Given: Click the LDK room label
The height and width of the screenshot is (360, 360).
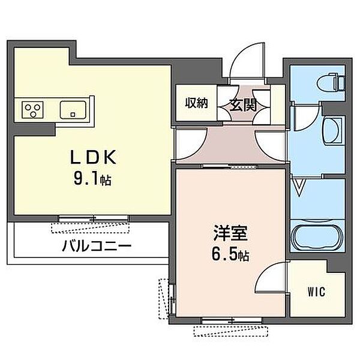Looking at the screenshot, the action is [93, 157].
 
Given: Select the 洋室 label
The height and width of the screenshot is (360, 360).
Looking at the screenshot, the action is [230, 233].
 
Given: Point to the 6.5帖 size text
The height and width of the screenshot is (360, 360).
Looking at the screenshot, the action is [230, 254].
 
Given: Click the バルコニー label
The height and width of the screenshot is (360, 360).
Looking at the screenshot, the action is [97, 246].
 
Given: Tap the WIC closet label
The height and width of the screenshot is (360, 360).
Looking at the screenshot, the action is [316, 292].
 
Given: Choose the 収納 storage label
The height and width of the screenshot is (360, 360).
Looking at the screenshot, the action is [197, 103].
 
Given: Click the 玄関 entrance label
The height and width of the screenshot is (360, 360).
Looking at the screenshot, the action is [244, 104].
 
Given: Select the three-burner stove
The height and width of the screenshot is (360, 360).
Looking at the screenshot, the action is [32, 110].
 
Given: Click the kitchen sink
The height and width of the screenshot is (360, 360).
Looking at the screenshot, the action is [73, 110].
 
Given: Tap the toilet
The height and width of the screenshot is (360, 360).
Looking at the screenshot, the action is [331, 82].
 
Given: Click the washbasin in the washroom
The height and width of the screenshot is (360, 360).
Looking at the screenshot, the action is [331, 131].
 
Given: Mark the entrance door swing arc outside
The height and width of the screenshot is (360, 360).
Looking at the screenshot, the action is [239, 53].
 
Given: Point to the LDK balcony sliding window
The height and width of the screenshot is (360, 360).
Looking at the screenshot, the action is [94, 218].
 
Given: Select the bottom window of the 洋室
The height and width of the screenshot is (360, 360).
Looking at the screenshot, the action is [232, 320].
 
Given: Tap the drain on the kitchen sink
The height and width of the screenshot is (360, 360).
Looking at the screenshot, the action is [73, 114].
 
